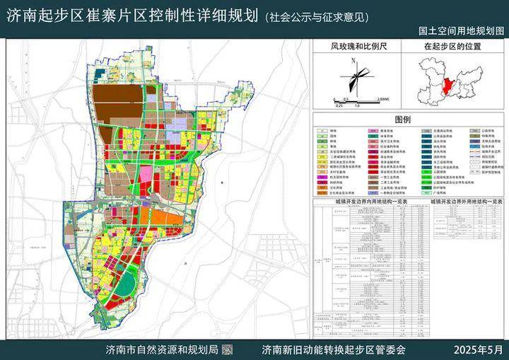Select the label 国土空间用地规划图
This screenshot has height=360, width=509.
pos(460,32)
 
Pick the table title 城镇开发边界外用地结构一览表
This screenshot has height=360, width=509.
pos(464,201)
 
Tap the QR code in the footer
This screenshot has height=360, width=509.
pos(228,349)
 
